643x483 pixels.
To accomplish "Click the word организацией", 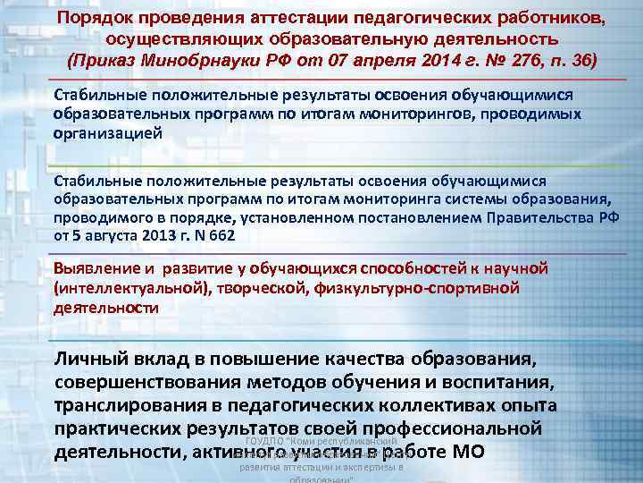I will tap(108, 132).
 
